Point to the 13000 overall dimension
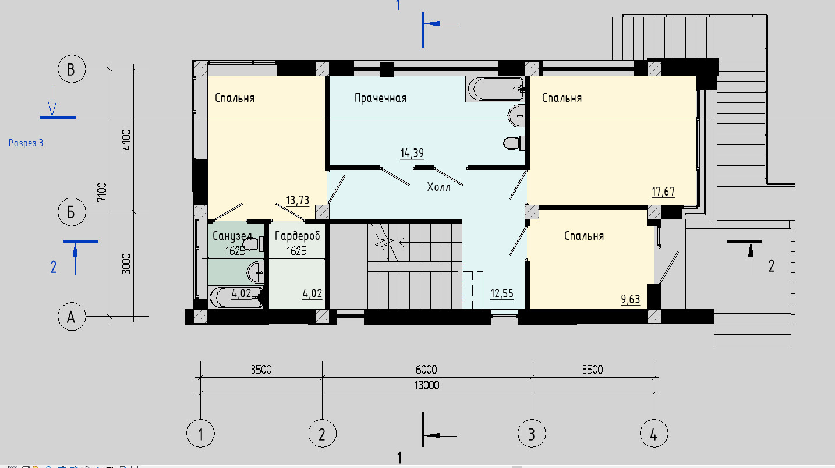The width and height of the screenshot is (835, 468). pyautogui.click(x=426, y=385)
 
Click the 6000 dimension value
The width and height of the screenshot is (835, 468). pyautogui.click(x=426, y=370)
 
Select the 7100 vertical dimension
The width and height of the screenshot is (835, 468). pyautogui.click(x=102, y=192)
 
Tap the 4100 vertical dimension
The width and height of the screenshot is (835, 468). pyautogui.click(x=127, y=140)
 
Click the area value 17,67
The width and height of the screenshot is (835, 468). pyautogui.click(x=663, y=192)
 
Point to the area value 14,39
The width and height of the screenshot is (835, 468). pyautogui.click(x=412, y=153)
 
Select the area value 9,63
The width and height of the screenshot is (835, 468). pyautogui.click(x=631, y=299)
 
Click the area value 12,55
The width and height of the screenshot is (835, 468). pyautogui.click(x=502, y=293)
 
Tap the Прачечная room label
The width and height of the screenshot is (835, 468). pyautogui.click(x=381, y=98)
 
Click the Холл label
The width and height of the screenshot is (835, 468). pyautogui.click(x=438, y=187)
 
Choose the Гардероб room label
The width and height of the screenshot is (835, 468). pyautogui.click(x=298, y=236)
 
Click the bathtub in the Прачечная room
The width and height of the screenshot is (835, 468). pyautogui.click(x=496, y=89)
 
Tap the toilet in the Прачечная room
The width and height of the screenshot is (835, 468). pyautogui.click(x=514, y=143)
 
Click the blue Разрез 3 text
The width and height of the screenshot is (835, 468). pyautogui.click(x=26, y=143)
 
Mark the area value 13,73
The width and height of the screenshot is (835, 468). pyautogui.click(x=298, y=200)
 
